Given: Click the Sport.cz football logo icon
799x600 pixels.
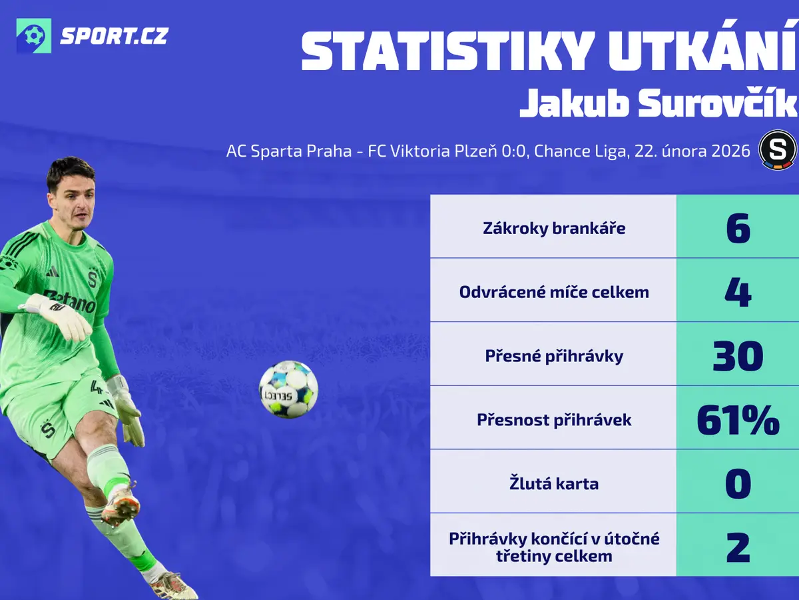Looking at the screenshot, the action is pos(34,36).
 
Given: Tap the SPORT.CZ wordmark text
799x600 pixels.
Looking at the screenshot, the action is pos(114,36).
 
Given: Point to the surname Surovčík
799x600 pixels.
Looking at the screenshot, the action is pos(717,103).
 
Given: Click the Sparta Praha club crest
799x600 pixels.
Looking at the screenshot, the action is pos(778,149).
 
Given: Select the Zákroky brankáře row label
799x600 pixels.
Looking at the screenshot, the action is pos(554,229).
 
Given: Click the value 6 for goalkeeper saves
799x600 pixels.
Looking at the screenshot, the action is pos(738,228).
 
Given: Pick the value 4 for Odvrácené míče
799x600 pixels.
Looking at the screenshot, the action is pos(738,292).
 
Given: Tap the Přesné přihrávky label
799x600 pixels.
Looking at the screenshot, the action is pos(554,356).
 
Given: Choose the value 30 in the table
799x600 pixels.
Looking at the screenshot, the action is pos(738,356).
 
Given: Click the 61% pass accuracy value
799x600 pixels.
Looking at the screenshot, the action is pos(738,420).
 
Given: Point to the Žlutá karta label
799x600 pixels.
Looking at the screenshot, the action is pos(554,483).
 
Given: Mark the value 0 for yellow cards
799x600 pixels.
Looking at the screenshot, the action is pos(738,484).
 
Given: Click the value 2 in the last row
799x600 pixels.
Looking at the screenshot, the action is pos(738,547).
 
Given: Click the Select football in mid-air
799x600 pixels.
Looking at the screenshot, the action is pos(288,389).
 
